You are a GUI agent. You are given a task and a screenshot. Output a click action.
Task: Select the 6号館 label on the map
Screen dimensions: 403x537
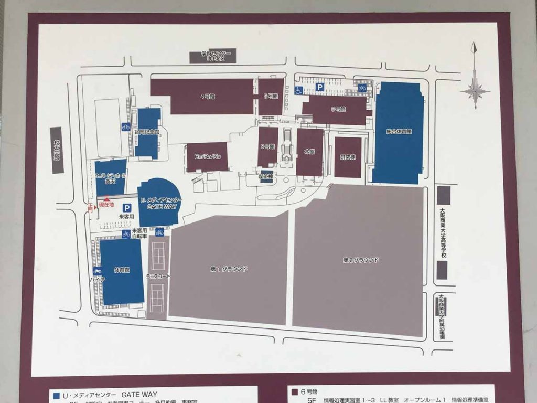[x=338, y=109]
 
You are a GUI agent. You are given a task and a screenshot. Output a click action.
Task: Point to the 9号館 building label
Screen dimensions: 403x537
[x=267, y=146]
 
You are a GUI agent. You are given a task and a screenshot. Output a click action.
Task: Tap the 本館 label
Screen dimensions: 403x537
[x=309, y=152]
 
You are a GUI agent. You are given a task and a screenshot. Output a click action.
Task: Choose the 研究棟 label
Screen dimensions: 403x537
[x=348, y=157]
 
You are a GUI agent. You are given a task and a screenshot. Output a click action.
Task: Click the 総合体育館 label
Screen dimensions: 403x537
[x=399, y=132]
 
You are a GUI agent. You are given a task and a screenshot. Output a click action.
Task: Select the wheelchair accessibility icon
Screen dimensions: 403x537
[x=298, y=91]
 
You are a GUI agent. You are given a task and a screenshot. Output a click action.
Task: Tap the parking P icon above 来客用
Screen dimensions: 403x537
[x=126, y=208]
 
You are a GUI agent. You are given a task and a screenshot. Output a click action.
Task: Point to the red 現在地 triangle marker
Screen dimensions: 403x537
[x=107, y=199]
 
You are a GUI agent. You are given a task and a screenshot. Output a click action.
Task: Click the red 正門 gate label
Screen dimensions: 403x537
[x=90, y=207]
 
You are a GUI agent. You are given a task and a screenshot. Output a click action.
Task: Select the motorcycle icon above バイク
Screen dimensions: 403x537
[x=97, y=271]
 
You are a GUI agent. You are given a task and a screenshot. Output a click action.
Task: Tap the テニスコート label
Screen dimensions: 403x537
[x=157, y=276]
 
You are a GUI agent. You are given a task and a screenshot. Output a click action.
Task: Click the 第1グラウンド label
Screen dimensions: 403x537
[x=229, y=269]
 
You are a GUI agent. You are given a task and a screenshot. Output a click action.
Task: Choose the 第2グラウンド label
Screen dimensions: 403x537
[x=361, y=260]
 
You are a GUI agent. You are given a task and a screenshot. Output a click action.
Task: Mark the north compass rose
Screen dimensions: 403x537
[x=475, y=89]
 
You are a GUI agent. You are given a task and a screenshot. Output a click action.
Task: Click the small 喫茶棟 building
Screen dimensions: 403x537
[x=267, y=176]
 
